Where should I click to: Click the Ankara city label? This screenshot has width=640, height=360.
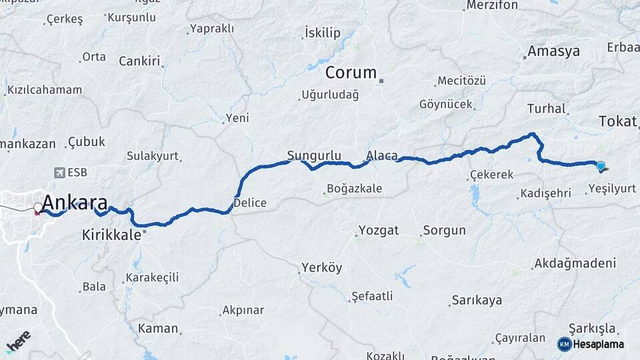click(x=75, y=203)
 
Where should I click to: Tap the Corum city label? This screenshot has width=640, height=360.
click(x=351, y=73)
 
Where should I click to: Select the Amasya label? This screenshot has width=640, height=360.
click(x=553, y=51)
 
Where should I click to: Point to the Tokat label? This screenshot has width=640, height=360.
click(x=618, y=121)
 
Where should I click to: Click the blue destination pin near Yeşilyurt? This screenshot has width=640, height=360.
click(x=601, y=166)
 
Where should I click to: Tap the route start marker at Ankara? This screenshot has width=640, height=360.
click(x=38, y=207)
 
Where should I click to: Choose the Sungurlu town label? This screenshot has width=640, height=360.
click(x=309, y=156)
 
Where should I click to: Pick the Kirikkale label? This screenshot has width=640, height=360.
click(x=111, y=235)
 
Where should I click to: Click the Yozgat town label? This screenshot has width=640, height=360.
click(x=379, y=231)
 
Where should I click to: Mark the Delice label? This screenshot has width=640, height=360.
click(x=250, y=203)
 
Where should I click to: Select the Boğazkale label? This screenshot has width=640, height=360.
click(x=354, y=189)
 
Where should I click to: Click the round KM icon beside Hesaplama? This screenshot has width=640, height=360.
click(x=564, y=344)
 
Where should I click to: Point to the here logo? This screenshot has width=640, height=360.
click(x=18, y=341)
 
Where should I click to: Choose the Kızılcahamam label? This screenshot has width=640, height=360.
click(x=45, y=90)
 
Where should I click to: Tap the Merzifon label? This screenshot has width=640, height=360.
click(x=492, y=5)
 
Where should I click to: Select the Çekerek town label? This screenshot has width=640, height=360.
click(x=491, y=175)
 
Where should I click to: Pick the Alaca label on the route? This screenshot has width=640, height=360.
click(x=382, y=156)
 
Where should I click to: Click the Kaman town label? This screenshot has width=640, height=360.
click(x=158, y=328)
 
